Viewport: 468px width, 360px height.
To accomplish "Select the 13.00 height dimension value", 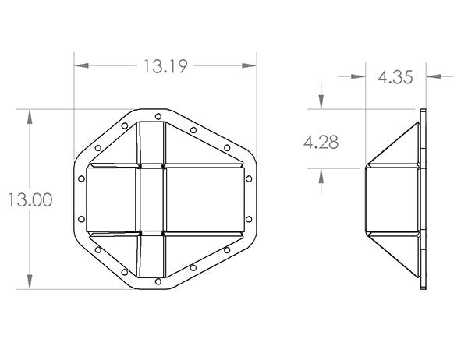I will [30, 199].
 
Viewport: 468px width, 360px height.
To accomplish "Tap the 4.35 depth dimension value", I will [396, 76].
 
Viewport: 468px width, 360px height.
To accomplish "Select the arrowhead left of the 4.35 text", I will [360, 76].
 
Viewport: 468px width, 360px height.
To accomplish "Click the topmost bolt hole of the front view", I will [158, 116].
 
